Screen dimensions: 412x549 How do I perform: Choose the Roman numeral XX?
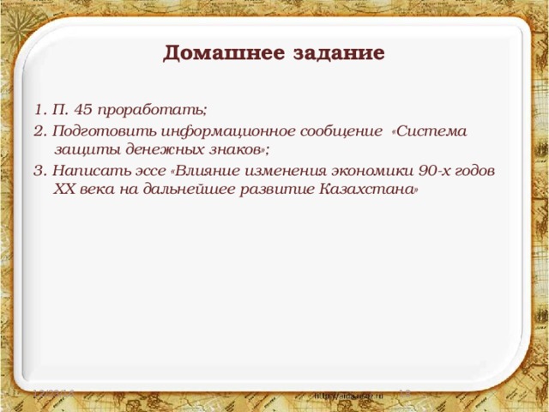pyautogui.click(x=64, y=190)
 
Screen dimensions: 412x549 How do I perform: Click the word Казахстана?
pyautogui.click(x=369, y=190)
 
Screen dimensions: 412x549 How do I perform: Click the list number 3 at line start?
pyautogui.click(x=39, y=170)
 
